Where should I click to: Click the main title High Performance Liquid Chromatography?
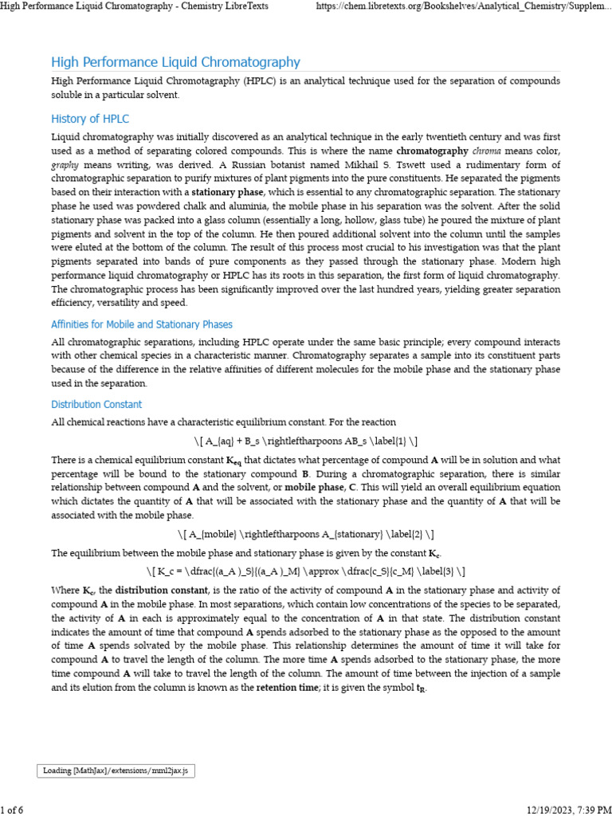(x=175, y=62)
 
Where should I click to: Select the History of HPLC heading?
(x=90, y=119)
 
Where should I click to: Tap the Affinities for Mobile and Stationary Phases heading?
(x=142, y=324)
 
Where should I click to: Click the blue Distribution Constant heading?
(x=96, y=404)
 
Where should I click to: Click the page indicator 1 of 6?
(x=12, y=810)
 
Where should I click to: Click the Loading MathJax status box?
(x=116, y=771)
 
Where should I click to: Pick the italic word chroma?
(x=487, y=150)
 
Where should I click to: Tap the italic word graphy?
(x=65, y=164)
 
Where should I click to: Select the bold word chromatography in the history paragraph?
(x=432, y=150)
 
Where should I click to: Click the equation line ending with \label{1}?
(x=305, y=441)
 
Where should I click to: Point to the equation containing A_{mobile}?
(x=305, y=533)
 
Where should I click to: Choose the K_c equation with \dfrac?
(x=306, y=571)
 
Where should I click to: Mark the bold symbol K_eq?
(x=233, y=461)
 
